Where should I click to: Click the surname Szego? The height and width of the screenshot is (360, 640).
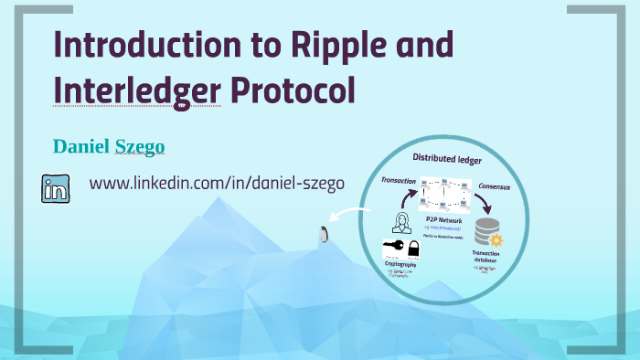[x=141, y=147]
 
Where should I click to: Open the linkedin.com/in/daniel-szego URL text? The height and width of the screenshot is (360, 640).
[x=217, y=183]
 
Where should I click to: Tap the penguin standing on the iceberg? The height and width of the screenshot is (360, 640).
[x=322, y=236]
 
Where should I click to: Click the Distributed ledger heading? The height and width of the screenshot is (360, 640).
[x=448, y=158]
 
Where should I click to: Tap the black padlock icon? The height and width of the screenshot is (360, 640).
[x=414, y=248]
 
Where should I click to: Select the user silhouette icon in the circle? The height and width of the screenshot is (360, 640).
[x=400, y=221]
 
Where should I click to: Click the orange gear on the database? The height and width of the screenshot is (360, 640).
[x=497, y=238]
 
